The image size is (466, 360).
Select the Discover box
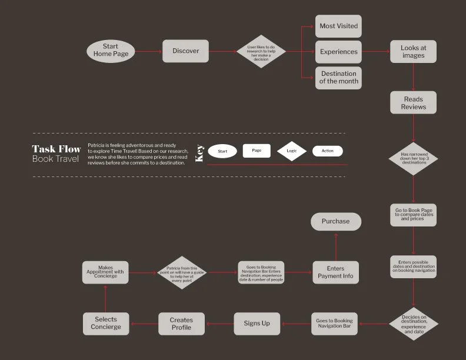pyautogui.click(x=185, y=51)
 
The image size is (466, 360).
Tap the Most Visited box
pyautogui.click(x=338, y=26)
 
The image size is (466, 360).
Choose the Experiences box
pyautogui.click(x=338, y=52)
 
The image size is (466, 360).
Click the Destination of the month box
pyautogui.click(x=338, y=77)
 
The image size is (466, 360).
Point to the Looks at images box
pyautogui.click(x=413, y=52)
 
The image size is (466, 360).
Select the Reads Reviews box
pyautogui.click(x=413, y=103)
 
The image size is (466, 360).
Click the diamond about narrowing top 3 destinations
pyautogui.click(x=413, y=158)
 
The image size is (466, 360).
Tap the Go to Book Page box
pyautogui.click(x=413, y=215)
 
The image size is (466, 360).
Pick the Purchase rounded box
pyautogui.click(x=335, y=222)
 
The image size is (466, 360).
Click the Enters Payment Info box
pyautogui.click(x=335, y=272)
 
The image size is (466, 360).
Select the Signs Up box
pyautogui.click(x=257, y=324)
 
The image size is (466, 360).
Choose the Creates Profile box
pyautogui.click(x=181, y=324)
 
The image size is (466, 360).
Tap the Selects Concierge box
pyautogui.click(x=106, y=324)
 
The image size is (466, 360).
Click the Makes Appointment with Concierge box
pyautogui.click(x=106, y=272)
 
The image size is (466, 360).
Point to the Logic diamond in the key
pyautogui.click(x=292, y=151)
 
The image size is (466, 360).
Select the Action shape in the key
pyautogui.click(x=327, y=151)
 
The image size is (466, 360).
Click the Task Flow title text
pyautogui.click(x=56, y=149)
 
